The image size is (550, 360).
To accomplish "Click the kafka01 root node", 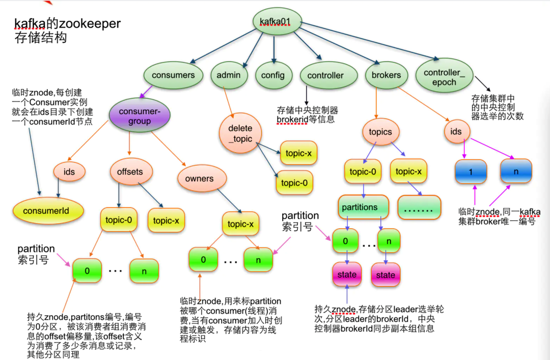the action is (x=277, y=21).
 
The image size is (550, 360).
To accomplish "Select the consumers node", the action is (x=173, y=75).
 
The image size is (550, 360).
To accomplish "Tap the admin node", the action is (x=229, y=75).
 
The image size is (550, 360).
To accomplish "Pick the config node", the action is (x=273, y=75).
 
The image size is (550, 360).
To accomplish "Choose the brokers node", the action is (x=386, y=75).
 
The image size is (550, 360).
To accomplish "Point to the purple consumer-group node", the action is (x=140, y=115).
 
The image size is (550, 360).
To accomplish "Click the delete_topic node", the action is (x=240, y=133).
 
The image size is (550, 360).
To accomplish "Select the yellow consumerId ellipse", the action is (x=48, y=210).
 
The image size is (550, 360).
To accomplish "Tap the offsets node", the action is (x=130, y=172).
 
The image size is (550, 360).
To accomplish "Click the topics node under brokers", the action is (x=380, y=132).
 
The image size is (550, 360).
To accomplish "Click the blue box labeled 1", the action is (x=471, y=172).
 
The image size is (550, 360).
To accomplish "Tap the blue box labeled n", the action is (x=516, y=171).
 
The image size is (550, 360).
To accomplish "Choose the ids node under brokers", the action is (x=456, y=131).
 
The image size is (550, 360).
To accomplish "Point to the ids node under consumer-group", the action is (x=69, y=172).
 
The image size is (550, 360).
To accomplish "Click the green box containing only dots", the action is (x=419, y=207).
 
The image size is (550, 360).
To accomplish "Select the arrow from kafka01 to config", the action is (x=274, y=49).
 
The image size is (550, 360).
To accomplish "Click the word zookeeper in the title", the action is (x=90, y=24).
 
